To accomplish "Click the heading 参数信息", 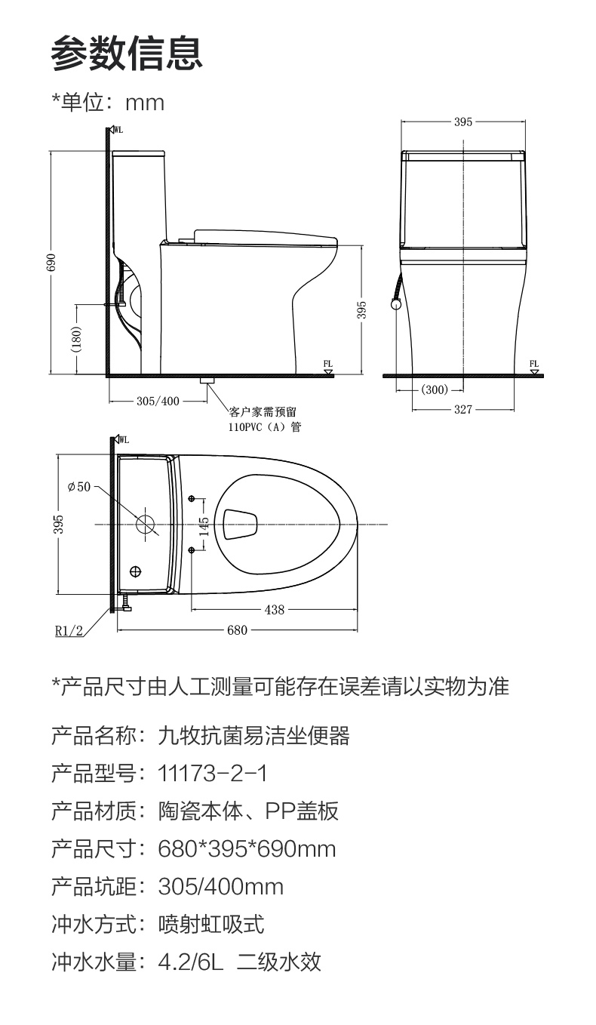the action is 127,53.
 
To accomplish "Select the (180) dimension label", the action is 76,339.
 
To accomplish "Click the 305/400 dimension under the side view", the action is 158,402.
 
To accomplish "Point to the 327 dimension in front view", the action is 463,410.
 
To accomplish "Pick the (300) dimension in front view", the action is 435,390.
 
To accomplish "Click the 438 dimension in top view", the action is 275,610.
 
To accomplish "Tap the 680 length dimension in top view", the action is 237,630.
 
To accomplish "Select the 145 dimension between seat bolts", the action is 204,527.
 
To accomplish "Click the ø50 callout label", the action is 79,486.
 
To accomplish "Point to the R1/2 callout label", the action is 69,631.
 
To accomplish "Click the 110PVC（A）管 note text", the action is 265,427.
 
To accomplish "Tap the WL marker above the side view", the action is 118,130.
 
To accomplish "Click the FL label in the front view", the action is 534,364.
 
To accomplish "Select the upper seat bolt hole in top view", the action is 192,498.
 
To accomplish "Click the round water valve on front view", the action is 395,304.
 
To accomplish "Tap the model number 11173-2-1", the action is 212,774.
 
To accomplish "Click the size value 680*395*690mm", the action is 247,849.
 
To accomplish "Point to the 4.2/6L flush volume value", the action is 190,962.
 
